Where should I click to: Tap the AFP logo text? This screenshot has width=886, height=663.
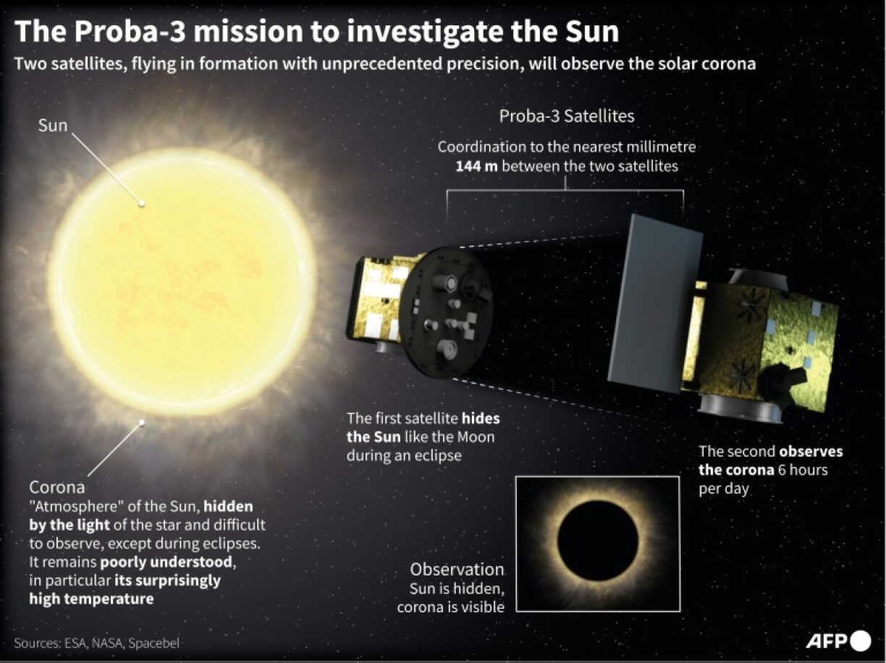(827, 641)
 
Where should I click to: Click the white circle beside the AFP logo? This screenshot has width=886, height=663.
(861, 641)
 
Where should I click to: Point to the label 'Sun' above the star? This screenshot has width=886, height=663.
(53, 125)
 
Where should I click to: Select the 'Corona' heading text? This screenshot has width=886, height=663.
(56, 487)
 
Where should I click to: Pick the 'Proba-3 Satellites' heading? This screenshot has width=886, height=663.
(567, 116)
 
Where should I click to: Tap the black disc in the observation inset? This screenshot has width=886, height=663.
(598, 540)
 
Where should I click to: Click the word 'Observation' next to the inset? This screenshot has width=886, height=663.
(457, 569)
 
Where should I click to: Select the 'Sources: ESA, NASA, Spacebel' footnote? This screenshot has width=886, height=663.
(96, 643)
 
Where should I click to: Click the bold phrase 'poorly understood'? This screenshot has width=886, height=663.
(168, 562)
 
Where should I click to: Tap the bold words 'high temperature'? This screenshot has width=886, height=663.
(91, 599)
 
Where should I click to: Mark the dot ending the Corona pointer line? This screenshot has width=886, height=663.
(142, 421)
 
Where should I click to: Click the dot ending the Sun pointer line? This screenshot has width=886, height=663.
(142, 203)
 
